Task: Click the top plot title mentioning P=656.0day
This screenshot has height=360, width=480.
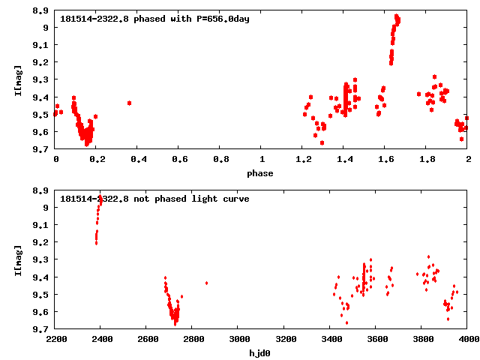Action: tap(154, 19)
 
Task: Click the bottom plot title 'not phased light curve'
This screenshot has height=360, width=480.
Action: tap(154, 199)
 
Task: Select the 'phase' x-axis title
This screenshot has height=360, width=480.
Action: tap(261, 173)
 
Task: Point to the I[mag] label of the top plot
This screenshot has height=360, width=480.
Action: tap(17, 81)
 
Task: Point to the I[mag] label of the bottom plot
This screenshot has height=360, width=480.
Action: tap(17, 260)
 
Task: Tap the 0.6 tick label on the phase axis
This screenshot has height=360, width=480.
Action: tap(179, 160)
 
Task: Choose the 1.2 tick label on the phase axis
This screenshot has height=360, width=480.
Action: tap(303, 160)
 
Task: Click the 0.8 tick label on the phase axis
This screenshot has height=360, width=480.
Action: tap(220, 160)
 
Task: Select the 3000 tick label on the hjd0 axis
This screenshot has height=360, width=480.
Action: tap(238, 340)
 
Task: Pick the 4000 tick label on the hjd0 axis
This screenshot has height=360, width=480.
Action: tap(468, 340)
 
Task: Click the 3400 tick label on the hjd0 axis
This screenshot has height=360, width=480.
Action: tap(330, 340)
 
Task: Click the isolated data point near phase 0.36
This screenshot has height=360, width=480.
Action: tap(130, 103)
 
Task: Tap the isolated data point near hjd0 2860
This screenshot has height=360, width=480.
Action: tap(206, 283)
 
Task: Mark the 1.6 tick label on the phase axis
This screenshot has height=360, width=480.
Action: tap(385, 160)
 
